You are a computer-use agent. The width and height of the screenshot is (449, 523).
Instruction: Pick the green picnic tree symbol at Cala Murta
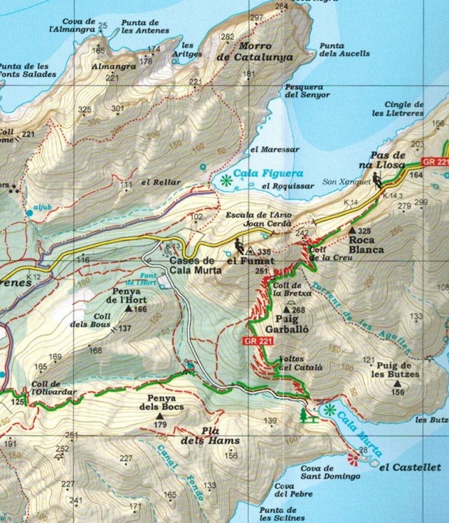pyautogui.click(x=302, y=416)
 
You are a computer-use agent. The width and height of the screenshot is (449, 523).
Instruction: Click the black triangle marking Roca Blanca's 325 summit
pyautogui.click(x=351, y=230)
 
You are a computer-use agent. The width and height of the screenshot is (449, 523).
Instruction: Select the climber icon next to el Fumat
pyautogui.click(x=239, y=246)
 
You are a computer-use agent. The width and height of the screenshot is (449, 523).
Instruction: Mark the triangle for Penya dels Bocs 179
pyautogui.click(x=165, y=414)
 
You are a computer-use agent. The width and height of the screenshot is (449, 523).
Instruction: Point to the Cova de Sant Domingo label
pyautogui.click(x=330, y=471)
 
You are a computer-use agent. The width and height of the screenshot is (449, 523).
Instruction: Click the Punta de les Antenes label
pyautogui.click(x=145, y=26)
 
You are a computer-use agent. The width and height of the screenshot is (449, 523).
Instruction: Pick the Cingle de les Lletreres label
pyautogui.click(x=398, y=108)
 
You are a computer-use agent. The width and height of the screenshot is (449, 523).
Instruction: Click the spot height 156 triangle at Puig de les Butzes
pyautogui.click(x=397, y=383)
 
